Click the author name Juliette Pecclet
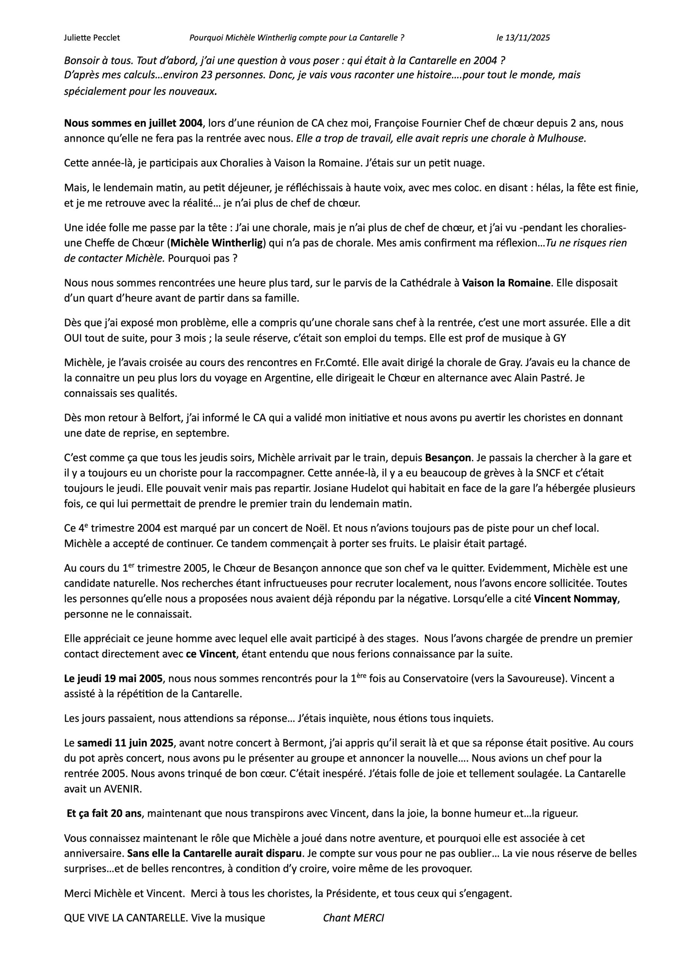92,38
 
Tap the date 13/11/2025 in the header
528,38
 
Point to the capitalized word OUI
73,338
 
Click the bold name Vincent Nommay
575,599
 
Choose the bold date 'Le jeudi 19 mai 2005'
113,678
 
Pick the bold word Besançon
448,458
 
